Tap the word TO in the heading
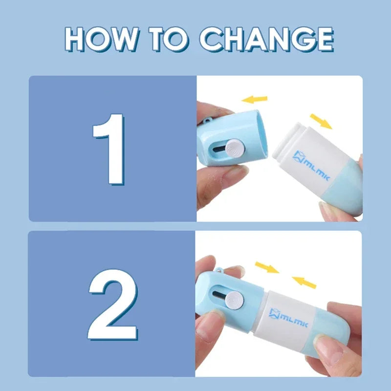171,39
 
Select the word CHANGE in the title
267,39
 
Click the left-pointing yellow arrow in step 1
255,100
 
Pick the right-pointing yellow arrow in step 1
321,121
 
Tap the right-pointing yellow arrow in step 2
267,267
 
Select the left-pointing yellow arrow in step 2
304,282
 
